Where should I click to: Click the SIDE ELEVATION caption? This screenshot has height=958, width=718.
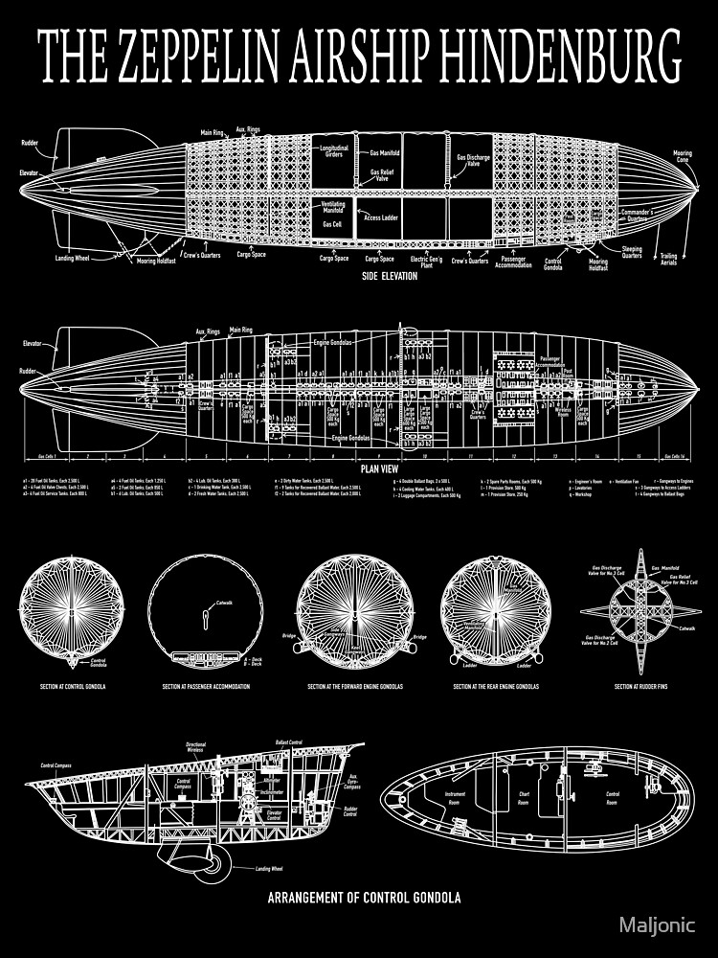click(x=390, y=276)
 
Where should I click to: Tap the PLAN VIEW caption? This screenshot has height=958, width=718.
click(x=373, y=469)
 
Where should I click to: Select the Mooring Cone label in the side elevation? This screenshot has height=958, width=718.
click(x=682, y=155)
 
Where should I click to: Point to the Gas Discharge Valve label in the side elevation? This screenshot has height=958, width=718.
click(x=473, y=160)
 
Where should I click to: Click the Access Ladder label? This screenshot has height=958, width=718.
click(x=381, y=217)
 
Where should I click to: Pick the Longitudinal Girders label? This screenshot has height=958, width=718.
click(x=334, y=151)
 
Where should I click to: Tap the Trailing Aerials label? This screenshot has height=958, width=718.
click(x=669, y=259)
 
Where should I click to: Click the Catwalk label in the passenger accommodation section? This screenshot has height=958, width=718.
click(x=224, y=603)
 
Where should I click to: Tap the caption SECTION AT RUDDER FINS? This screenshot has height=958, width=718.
click(x=640, y=687)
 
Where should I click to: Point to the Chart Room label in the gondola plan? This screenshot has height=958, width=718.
click(x=525, y=795)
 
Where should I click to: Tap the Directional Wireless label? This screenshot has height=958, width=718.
click(x=196, y=747)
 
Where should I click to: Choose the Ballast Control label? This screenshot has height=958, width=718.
click(x=288, y=742)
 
